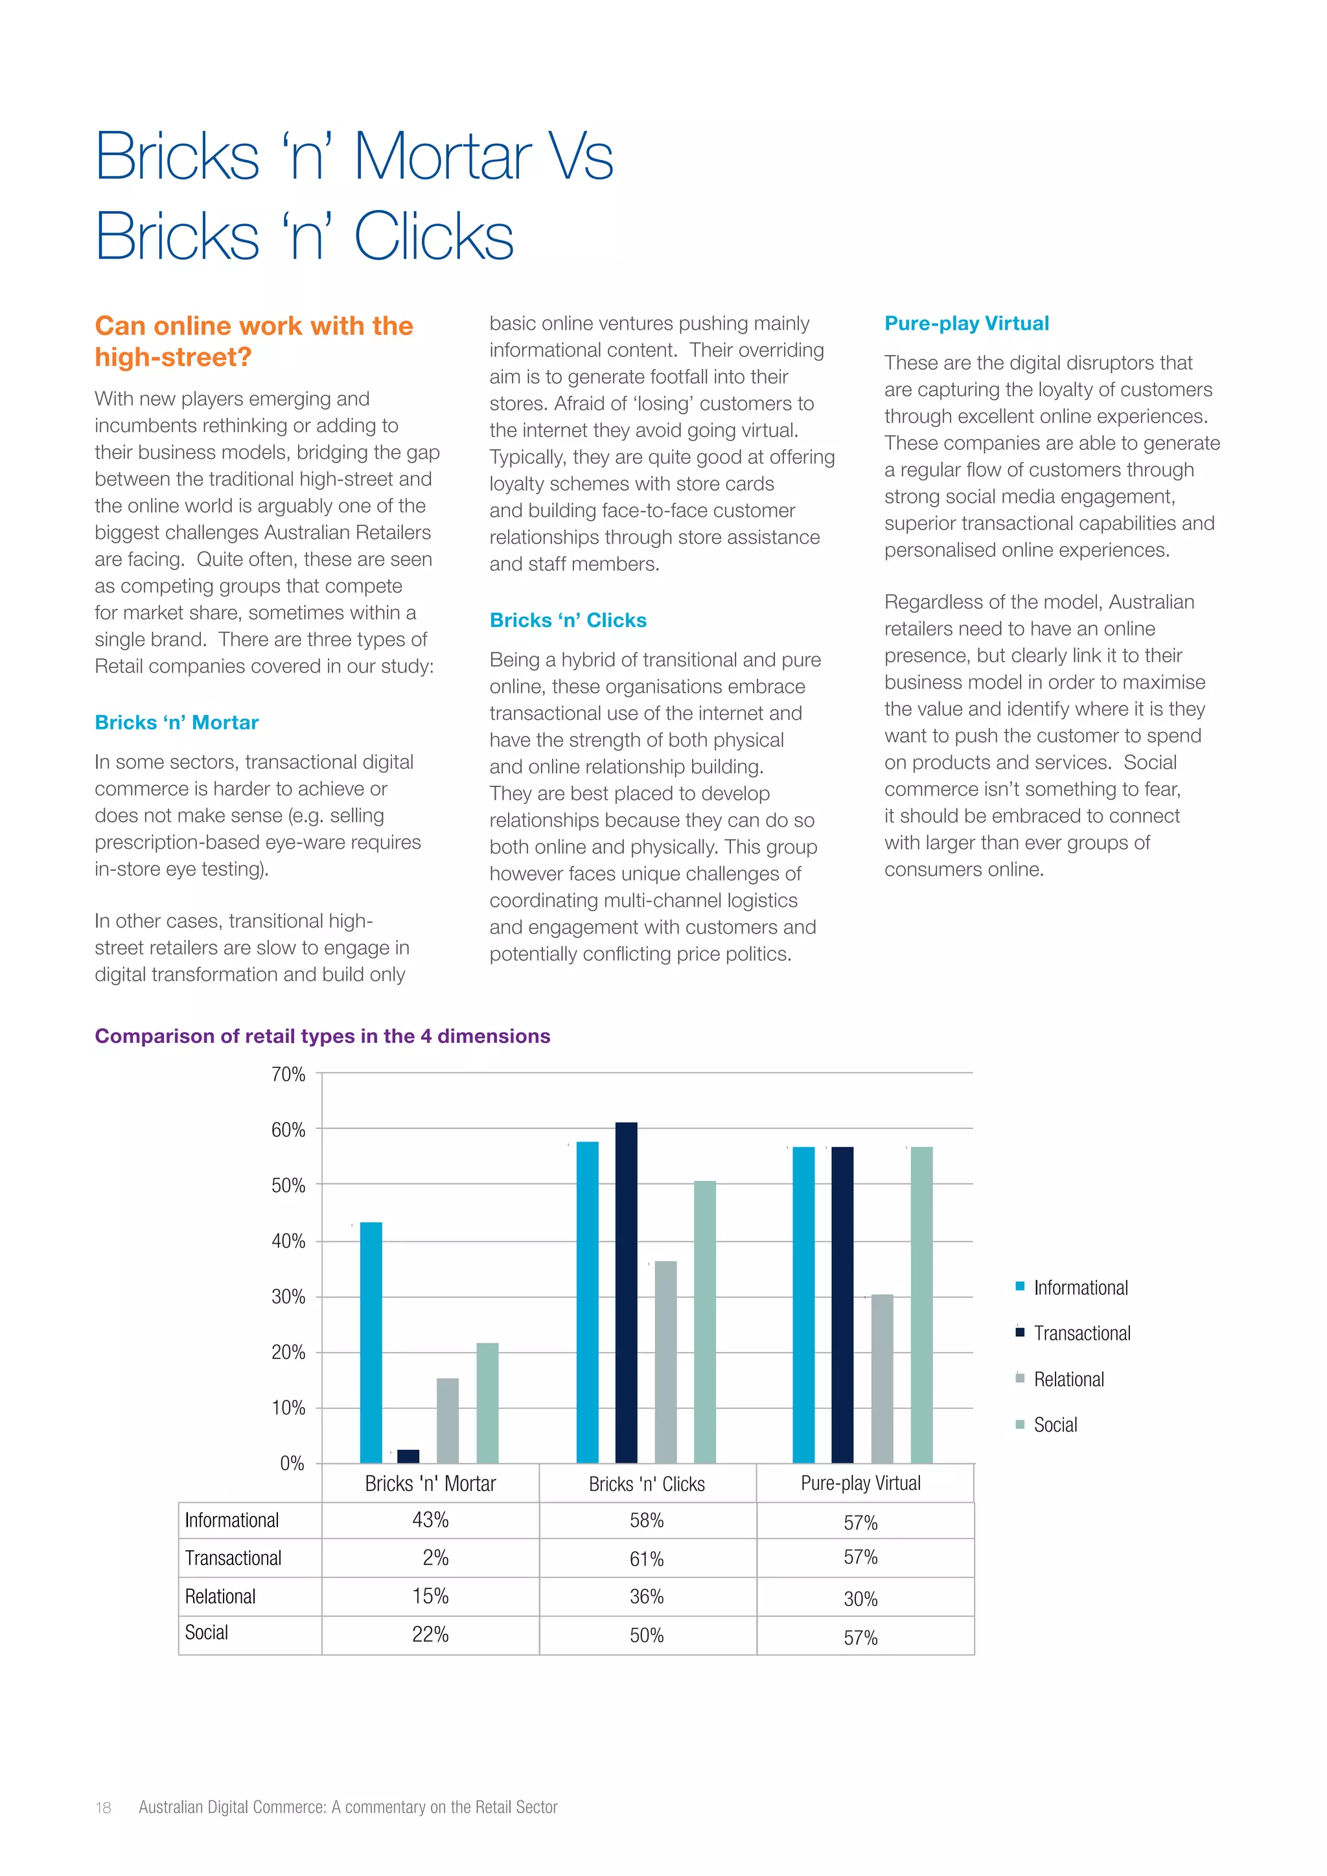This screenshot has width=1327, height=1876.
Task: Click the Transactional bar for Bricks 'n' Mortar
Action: [408, 1456]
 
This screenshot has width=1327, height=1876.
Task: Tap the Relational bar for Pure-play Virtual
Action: [882, 1378]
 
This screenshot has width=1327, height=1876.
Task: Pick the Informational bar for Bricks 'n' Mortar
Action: [371, 1342]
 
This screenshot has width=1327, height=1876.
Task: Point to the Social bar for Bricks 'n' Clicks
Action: [704, 1321]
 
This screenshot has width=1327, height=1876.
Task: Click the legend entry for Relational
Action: [1068, 1379]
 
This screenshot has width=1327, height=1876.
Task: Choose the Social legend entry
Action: [1055, 1425]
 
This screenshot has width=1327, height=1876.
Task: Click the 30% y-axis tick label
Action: [288, 1297]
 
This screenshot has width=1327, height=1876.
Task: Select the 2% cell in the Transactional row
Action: [435, 1557]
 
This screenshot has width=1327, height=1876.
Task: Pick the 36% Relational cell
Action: [647, 1597]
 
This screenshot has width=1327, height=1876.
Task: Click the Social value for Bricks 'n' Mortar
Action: [431, 1634]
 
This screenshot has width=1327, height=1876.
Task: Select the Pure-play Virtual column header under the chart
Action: [860, 1483]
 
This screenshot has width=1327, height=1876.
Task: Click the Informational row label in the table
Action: [232, 1520]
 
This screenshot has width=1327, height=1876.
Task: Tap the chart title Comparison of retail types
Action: [323, 1036]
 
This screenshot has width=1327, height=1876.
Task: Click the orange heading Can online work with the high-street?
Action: [254, 341]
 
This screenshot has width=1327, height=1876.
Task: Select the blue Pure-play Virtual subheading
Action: [967, 323]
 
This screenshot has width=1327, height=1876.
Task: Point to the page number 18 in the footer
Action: [103, 1807]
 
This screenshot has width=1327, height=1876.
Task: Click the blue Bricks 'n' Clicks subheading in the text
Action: [568, 620]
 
